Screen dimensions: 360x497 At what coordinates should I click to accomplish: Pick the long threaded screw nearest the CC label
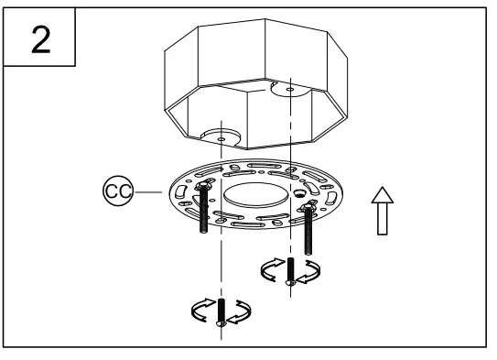200,213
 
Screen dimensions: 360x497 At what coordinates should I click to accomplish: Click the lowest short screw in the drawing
221,311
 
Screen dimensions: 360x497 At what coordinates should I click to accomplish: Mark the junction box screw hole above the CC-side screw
221,131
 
